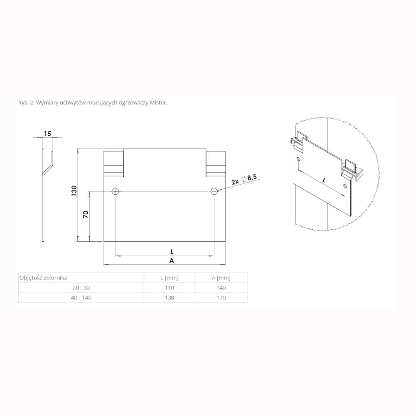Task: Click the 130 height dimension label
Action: pyautogui.click(x=74, y=191)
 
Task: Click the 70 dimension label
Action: pyautogui.click(x=86, y=214)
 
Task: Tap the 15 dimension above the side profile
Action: pyautogui.click(x=47, y=134)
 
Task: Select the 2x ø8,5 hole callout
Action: pyautogui.click(x=244, y=179)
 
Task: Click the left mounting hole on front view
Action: pyautogui.click(x=115, y=191)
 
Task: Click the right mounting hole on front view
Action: pyautogui.click(x=214, y=191)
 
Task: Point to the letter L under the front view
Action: pyautogui.click(x=172, y=252)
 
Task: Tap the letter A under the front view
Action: pyautogui.click(x=172, y=261)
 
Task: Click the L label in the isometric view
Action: pyautogui.click(x=324, y=181)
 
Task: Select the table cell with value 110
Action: pyautogui.click(x=169, y=287)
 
